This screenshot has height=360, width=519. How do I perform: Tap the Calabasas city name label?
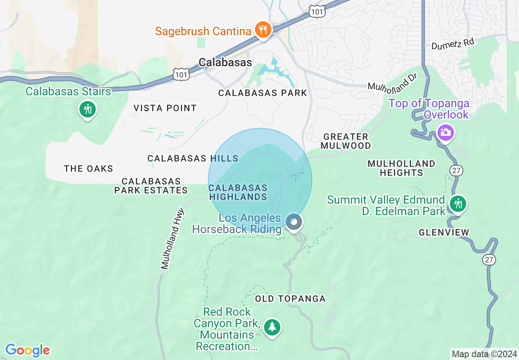(225, 62)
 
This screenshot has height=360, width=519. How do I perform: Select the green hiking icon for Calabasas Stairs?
(87, 109)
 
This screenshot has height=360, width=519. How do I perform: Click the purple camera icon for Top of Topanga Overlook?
(445, 133)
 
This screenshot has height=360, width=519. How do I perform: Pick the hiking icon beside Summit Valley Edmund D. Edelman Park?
(458, 203)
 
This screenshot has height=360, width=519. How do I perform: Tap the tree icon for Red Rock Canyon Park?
(272, 327)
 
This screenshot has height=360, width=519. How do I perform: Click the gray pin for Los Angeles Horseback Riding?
(293, 222)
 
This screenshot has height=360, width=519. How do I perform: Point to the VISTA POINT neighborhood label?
(165, 108)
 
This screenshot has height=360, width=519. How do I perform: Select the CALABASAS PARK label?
(262, 93)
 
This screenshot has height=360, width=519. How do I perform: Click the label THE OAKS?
(88, 169)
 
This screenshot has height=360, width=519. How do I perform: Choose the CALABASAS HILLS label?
(193, 158)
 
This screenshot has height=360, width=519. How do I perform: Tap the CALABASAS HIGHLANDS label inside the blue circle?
(238, 192)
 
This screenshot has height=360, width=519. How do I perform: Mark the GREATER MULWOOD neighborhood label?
(345, 141)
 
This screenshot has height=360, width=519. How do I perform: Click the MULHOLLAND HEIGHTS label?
(401, 168)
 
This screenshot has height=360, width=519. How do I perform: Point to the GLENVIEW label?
(444, 232)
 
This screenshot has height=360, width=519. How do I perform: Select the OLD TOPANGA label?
(290, 299)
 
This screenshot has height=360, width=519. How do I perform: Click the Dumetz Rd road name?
(452, 44)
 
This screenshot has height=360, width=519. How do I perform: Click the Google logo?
(27, 351)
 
